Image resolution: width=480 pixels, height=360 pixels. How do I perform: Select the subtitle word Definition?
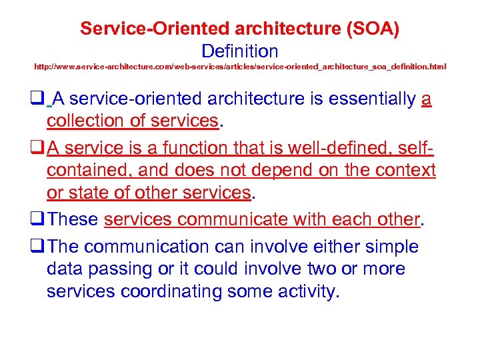point(239,51)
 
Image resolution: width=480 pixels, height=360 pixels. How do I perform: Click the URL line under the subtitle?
point(240,67)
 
